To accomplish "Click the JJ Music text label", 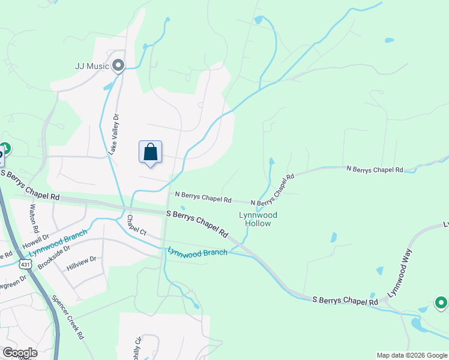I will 92,66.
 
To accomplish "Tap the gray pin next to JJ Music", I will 118,65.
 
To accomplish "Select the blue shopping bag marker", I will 150,152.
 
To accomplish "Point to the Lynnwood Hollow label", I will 255,219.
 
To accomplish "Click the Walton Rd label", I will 34,218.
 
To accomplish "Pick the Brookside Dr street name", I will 54,256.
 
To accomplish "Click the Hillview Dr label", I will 81,263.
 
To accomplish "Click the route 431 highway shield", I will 25,264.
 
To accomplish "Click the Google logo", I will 19,353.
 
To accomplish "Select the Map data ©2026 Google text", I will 412,355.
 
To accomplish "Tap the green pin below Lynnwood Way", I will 441,304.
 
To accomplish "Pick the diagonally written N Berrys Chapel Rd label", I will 273,191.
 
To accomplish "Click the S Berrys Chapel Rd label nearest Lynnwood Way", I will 345,301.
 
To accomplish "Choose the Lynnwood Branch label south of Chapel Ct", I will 197,253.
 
